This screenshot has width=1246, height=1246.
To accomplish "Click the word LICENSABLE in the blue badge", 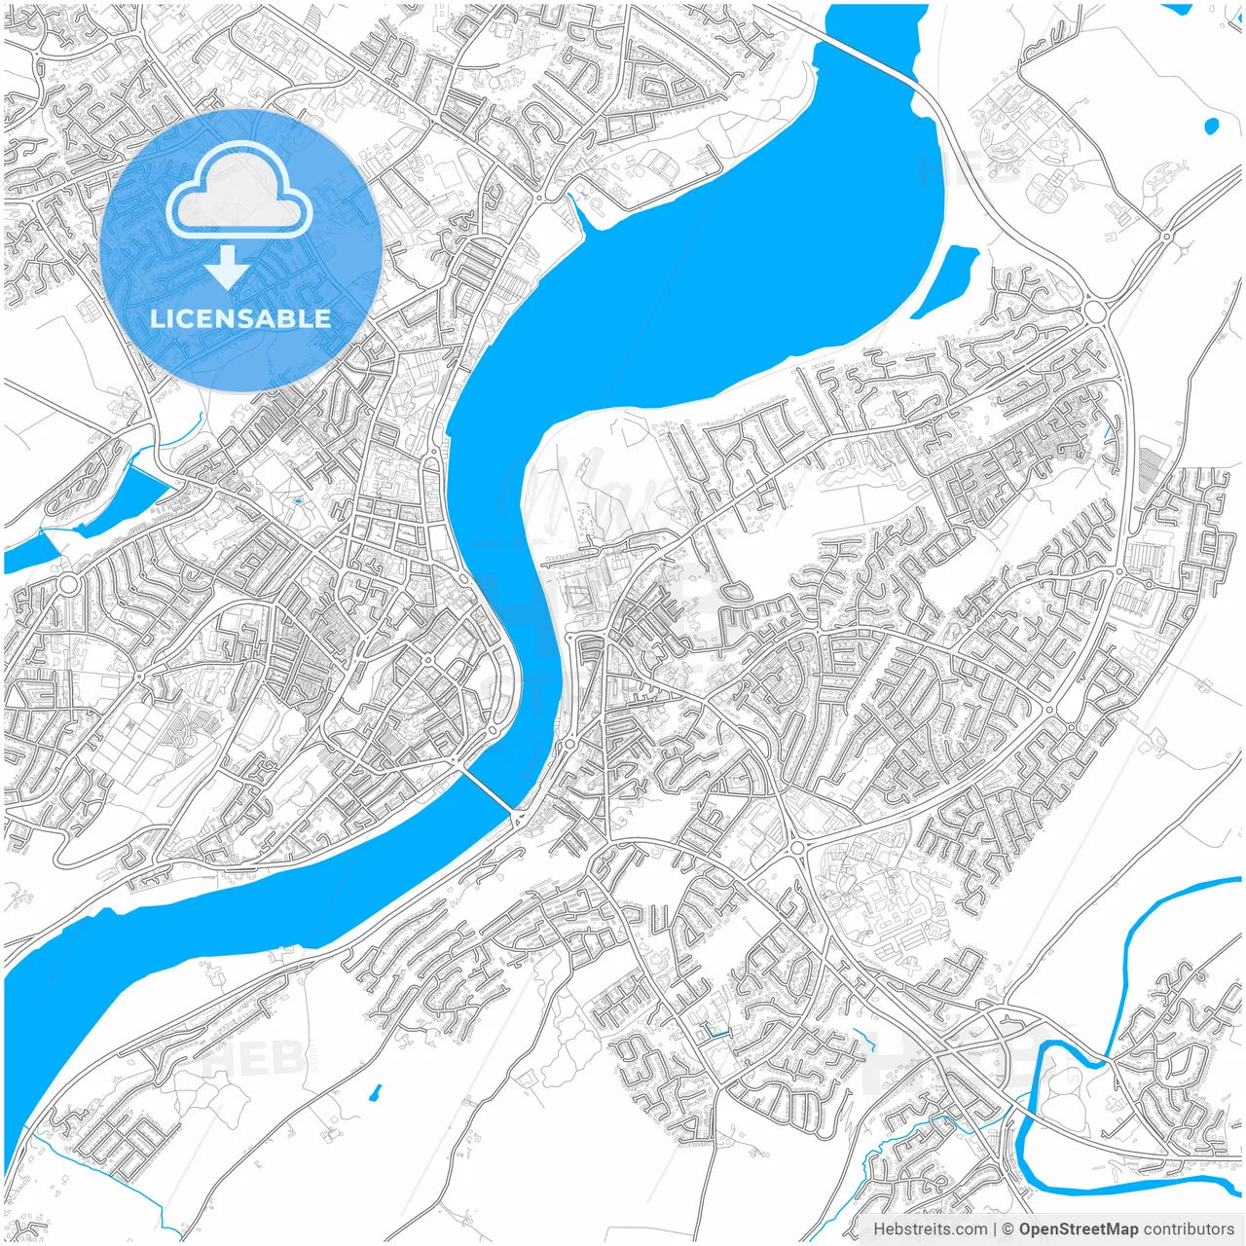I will click(240, 318).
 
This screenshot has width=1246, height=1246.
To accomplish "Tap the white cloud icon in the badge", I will click(238, 191).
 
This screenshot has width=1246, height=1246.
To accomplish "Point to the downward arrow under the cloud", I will click(228, 266).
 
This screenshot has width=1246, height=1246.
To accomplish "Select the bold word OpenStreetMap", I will click(1079, 1228).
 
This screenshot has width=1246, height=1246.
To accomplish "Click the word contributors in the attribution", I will click(1189, 1228).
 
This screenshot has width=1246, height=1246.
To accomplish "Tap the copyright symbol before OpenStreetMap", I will click(1008, 1228).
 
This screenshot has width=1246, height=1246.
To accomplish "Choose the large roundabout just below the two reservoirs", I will click(69, 585).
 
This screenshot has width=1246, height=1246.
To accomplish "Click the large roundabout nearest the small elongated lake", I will click(1096, 311).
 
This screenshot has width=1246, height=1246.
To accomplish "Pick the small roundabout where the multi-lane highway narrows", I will click(1166, 236).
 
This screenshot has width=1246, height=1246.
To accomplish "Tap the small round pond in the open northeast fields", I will click(1211, 126).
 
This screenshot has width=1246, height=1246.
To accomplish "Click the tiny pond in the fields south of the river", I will click(376, 1093).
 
